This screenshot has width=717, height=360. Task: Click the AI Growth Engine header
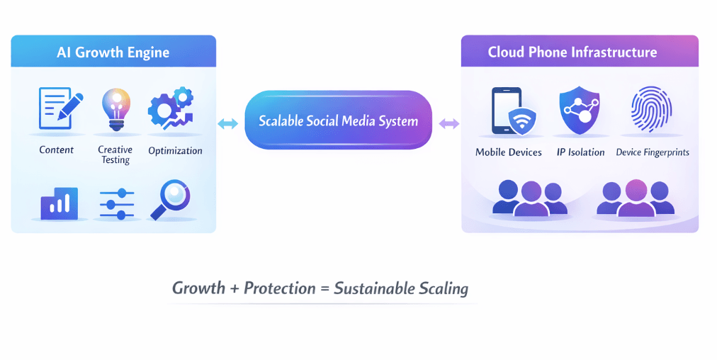[113, 52]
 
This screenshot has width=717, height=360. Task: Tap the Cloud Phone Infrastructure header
[572, 52]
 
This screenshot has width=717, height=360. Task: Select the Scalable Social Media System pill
[338, 120]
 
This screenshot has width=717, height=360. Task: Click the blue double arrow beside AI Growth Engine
[227, 124]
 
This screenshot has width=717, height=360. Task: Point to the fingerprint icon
[651, 110]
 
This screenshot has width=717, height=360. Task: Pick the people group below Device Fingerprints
[635, 198]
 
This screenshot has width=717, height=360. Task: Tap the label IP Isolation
[581, 152]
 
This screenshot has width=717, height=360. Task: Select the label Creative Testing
[115, 154]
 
